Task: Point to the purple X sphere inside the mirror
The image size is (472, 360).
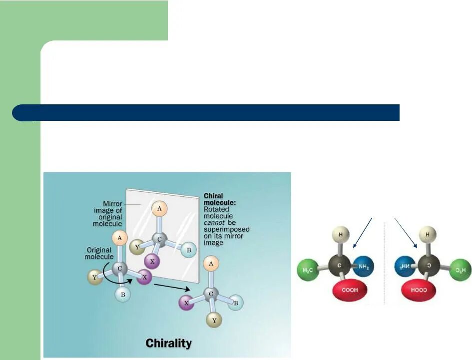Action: (x=151, y=261)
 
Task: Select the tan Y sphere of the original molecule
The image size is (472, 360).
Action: (x=94, y=276)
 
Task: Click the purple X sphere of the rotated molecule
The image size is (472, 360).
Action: (x=186, y=302)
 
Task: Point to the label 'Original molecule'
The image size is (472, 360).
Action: (x=99, y=253)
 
